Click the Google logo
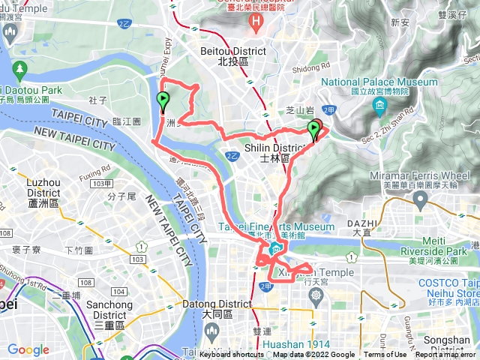point(28,349)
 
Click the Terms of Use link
point(385,355)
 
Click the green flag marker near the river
point(163,101)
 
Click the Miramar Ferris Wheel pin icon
point(421,199)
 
